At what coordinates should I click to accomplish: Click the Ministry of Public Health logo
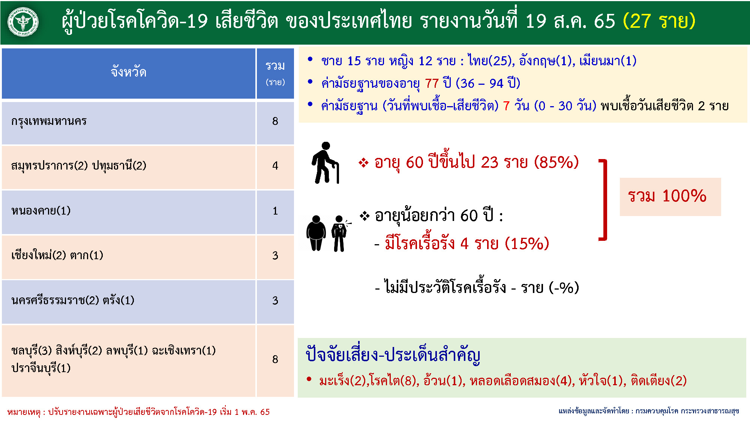pos(23,22)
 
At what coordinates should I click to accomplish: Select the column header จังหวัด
pos(129,71)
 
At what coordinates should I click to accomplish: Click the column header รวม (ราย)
pos(275,73)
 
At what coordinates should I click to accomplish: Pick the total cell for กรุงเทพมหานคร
pos(275,121)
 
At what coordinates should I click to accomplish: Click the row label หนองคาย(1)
pos(41,210)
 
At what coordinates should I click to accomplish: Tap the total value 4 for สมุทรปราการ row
pos(275,166)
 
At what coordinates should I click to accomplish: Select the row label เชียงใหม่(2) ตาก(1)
pos(57,255)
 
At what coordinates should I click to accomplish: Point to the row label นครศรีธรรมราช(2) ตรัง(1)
pos(73,300)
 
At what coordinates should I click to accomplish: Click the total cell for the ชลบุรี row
pos(275,359)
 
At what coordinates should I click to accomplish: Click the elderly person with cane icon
pos(325,163)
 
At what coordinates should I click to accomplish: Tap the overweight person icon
pos(316,233)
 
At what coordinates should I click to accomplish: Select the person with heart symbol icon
pos(340,233)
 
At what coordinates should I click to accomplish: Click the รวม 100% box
pos(670,197)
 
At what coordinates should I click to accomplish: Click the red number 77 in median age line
pos(432,83)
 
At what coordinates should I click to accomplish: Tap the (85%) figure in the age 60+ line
pos(556,162)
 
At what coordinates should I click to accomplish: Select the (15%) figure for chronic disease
pos(527,243)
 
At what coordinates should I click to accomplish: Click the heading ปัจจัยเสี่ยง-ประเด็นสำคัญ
pos(393,354)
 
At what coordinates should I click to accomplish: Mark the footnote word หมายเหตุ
pos(24,412)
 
